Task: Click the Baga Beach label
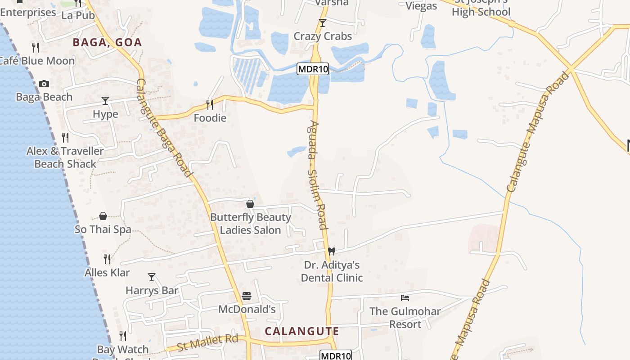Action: [44, 97]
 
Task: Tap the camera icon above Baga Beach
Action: [44, 84]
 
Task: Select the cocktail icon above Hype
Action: [105, 100]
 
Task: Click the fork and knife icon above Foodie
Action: [210, 105]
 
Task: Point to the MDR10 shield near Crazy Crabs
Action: [313, 69]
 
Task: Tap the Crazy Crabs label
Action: [323, 36]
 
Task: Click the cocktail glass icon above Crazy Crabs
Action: [322, 23]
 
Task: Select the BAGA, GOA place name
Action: [108, 43]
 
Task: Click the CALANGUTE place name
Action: [301, 332]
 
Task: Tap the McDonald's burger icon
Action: [247, 296]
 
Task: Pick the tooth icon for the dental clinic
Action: [332, 251]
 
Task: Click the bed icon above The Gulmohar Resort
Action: [405, 298]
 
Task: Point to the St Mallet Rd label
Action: [207, 343]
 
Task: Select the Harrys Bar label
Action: [152, 291]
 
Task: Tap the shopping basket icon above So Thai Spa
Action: [103, 216]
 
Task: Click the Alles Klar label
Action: [107, 273]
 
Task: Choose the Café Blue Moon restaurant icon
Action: [36, 47]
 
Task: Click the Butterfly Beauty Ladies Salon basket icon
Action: [250, 204]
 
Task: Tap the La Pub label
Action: [78, 15]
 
